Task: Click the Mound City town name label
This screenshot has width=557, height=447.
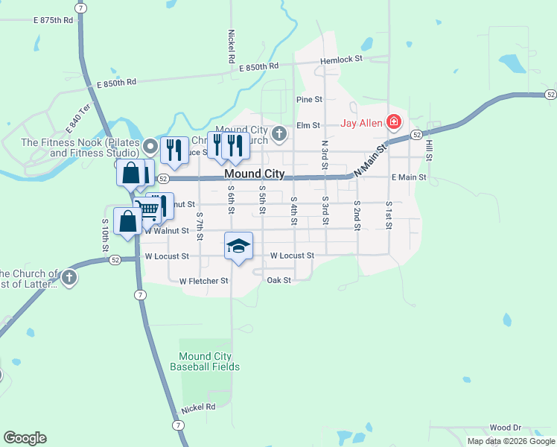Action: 254,174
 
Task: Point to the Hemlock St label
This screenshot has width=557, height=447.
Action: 341,59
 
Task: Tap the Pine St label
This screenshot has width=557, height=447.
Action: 309,99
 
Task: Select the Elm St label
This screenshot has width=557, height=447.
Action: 308,126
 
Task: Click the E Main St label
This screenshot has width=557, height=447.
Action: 409,177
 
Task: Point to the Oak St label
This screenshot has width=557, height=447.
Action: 278,280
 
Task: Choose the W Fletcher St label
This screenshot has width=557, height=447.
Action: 204,281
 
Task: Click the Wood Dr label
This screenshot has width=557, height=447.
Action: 506,428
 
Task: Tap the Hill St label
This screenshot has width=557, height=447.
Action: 429,150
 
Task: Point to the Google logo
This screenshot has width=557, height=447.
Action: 25,438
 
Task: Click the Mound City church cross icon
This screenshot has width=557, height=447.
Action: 279,134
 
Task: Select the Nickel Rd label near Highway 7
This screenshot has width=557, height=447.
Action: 200,408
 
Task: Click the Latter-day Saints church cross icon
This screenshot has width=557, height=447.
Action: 69,278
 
